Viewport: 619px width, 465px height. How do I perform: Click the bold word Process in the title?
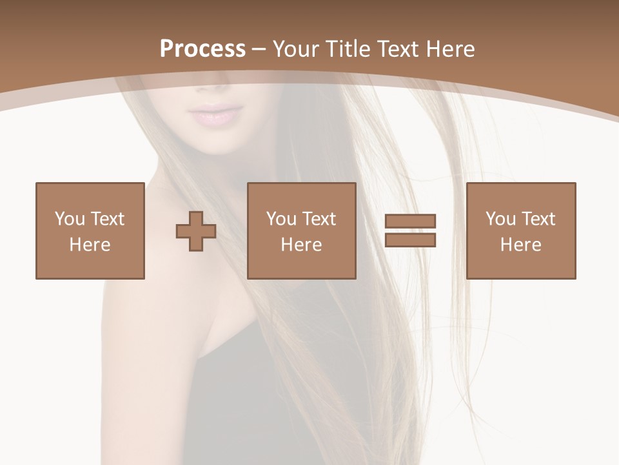(x=202, y=49)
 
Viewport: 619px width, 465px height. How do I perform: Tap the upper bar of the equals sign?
(x=410, y=222)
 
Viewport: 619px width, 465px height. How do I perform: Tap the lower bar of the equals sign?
(x=410, y=240)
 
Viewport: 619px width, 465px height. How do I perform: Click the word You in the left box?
(x=70, y=219)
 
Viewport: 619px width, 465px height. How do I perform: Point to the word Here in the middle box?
(x=302, y=245)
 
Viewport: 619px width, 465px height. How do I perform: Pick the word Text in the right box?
(x=538, y=219)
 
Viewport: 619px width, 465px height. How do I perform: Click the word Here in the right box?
(x=521, y=245)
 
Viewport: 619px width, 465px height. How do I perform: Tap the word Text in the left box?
(x=107, y=219)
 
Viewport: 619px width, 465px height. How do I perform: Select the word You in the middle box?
(x=281, y=219)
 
